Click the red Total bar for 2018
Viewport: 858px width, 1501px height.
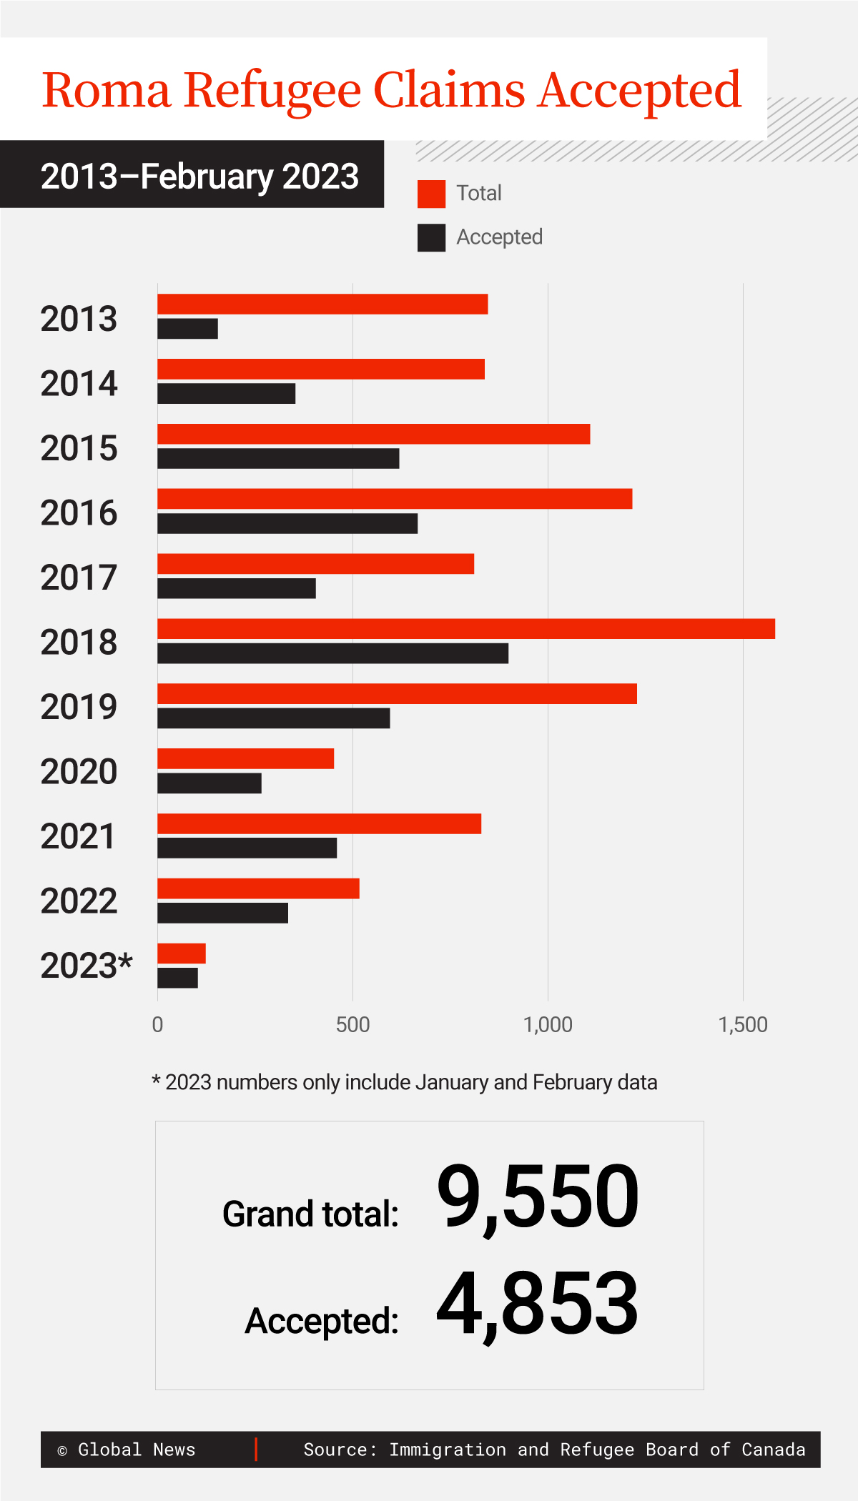click(465, 628)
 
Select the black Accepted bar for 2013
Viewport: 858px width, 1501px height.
click(187, 329)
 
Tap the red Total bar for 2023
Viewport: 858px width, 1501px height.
click(182, 953)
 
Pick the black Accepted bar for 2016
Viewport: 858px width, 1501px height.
click(287, 523)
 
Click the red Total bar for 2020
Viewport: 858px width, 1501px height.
click(245, 758)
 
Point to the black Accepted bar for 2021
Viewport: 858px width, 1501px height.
click(247, 848)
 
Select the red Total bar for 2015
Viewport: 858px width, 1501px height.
click(373, 434)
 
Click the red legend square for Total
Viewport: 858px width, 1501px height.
click(431, 194)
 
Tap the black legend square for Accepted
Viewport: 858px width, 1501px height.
click(431, 238)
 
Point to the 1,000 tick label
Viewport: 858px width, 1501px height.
click(548, 1025)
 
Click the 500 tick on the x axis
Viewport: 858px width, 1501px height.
click(352, 1025)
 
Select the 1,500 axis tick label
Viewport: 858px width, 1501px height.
click(742, 1025)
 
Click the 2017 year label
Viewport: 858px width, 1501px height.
click(79, 578)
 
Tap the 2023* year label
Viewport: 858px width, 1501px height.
click(87, 966)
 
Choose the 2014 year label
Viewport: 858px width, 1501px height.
click(79, 384)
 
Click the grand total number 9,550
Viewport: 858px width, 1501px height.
click(538, 1198)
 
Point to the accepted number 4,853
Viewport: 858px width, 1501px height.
click(538, 1304)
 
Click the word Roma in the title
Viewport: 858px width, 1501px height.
click(107, 91)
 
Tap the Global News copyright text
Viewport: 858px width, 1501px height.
click(127, 1450)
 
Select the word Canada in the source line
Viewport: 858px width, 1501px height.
click(773, 1450)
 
